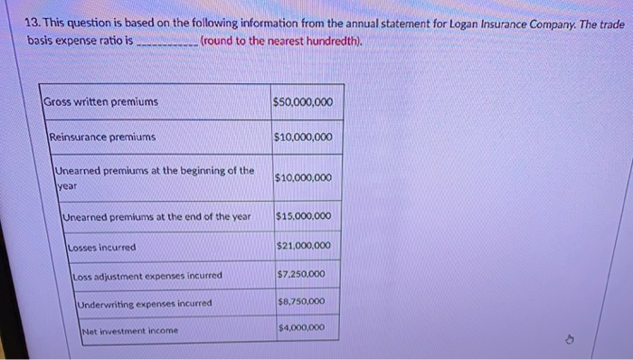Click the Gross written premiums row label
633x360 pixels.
(101, 102)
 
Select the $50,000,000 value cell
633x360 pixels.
(302, 102)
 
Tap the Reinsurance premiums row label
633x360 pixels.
(102, 137)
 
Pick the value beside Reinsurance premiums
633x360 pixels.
(302, 137)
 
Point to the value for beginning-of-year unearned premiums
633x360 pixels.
(302, 178)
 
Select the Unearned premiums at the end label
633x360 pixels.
(156, 217)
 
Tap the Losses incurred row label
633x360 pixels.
(102, 247)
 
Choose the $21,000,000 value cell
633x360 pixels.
(303, 246)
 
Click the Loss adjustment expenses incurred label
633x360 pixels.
(146, 276)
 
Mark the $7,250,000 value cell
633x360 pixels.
(303, 274)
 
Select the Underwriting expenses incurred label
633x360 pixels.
(145, 304)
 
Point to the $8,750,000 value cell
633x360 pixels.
(303, 302)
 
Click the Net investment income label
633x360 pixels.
(129, 331)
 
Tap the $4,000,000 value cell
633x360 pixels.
(303, 327)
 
